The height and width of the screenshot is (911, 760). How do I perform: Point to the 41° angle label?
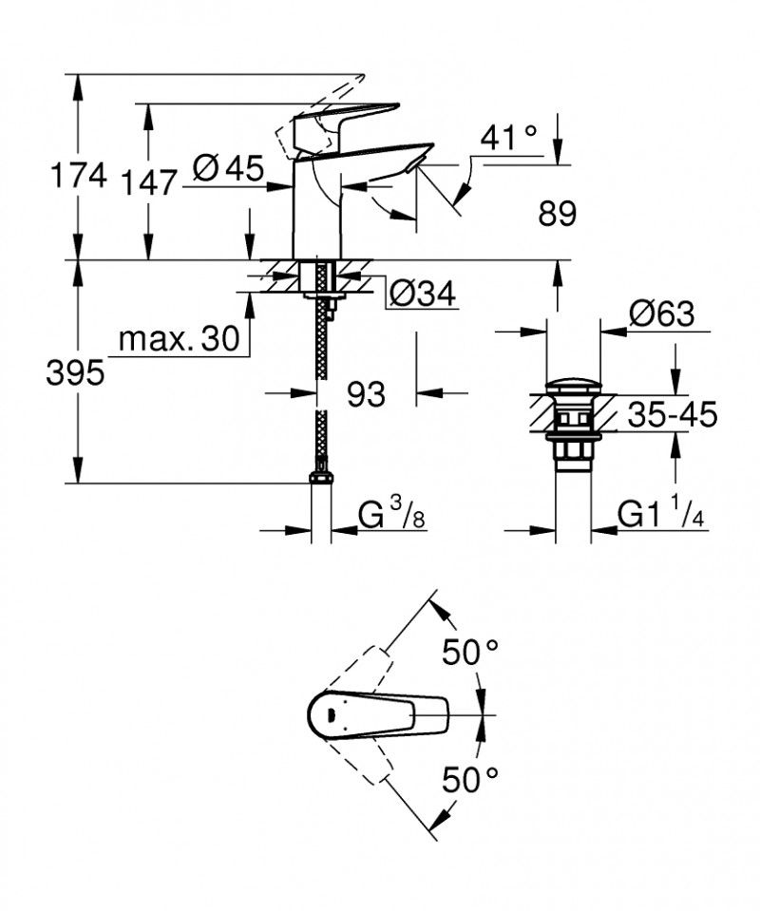click(x=508, y=138)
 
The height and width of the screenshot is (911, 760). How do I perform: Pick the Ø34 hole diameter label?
click(x=422, y=295)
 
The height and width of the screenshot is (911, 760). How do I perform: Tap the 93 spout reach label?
click(x=365, y=392)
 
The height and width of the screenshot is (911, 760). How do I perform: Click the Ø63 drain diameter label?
click(x=661, y=313)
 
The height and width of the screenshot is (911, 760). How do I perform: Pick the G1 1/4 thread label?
click(x=662, y=515)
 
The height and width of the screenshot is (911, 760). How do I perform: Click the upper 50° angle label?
click(x=470, y=653)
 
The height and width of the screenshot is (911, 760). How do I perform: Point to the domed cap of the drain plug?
click(x=573, y=389)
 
